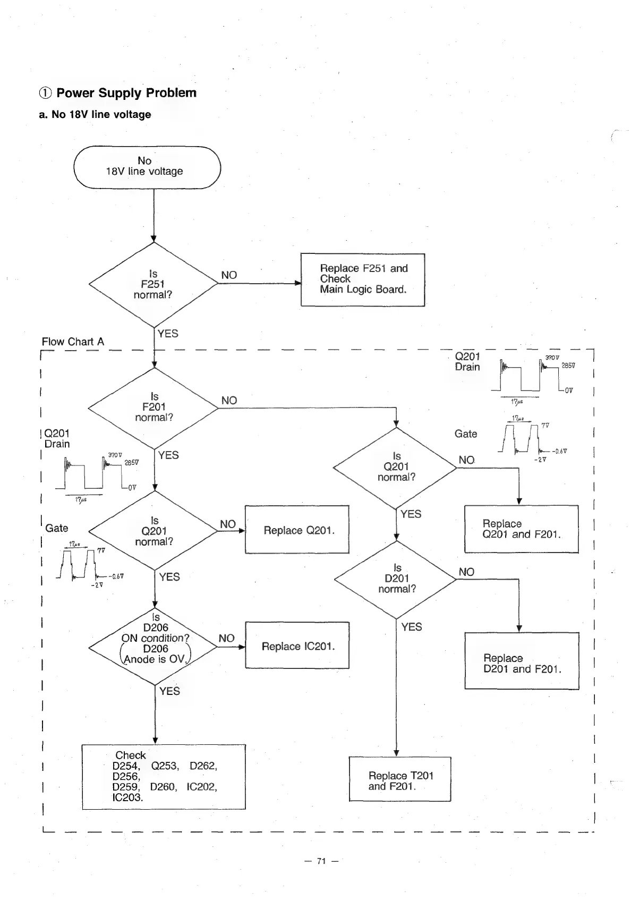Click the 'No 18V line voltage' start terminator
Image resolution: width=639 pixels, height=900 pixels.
click(147, 167)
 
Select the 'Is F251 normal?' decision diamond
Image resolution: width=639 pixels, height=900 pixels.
click(154, 284)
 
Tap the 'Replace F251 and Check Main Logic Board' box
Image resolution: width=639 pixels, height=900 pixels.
click(363, 279)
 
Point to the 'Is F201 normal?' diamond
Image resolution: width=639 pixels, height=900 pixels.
click(154, 407)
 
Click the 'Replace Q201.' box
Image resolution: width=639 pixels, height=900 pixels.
click(297, 530)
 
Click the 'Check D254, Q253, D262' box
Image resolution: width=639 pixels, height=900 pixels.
click(164, 776)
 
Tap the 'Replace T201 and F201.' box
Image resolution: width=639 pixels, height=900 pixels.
click(400, 779)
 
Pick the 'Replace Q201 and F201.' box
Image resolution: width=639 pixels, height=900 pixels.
click(521, 529)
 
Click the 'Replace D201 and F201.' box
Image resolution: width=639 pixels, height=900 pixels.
click(522, 661)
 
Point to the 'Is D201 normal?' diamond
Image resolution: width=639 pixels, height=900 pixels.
click(396, 579)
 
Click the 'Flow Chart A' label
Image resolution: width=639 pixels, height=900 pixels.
click(73, 342)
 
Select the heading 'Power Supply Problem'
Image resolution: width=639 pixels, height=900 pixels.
click(126, 93)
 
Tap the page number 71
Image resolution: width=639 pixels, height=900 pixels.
click(321, 861)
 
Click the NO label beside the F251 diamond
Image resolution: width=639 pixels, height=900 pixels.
click(229, 275)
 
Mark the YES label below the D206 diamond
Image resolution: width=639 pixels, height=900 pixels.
click(169, 691)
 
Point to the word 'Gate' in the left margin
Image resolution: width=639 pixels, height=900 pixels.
click(56, 528)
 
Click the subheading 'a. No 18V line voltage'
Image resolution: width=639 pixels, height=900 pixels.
click(95, 114)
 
